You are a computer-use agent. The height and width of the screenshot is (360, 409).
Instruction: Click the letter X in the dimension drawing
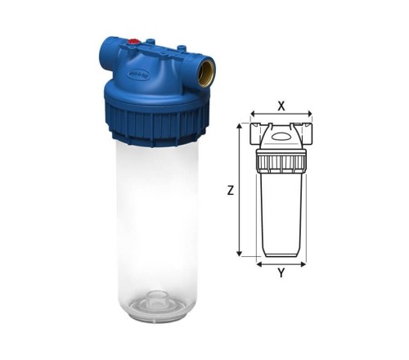click(x=281, y=105)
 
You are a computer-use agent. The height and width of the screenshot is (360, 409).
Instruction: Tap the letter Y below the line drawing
click(x=281, y=274)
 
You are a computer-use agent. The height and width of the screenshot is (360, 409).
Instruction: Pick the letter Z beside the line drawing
click(x=231, y=190)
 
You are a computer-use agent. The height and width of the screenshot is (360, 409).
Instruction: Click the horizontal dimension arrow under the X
click(x=281, y=115)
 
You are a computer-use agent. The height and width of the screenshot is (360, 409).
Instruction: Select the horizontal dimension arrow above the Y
click(x=281, y=263)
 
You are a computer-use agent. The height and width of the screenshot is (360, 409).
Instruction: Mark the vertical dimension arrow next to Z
click(x=239, y=190)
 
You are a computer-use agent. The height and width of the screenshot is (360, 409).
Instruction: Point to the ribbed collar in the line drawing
click(x=281, y=160)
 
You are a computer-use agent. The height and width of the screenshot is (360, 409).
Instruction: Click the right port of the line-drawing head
click(x=307, y=130)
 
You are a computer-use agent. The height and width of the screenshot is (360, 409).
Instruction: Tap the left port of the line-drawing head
click(x=254, y=130)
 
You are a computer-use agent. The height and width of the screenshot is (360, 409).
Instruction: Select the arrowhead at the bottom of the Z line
click(x=239, y=254)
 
